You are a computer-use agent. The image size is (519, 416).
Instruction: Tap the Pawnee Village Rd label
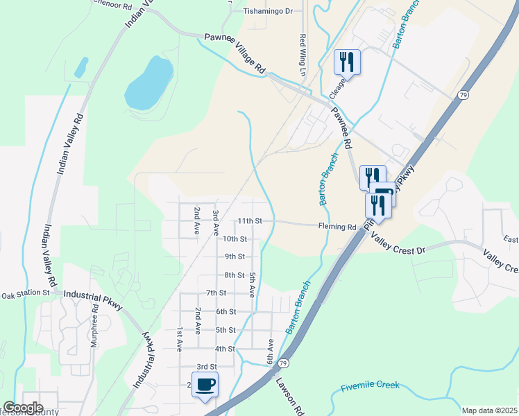[x=235, y=53]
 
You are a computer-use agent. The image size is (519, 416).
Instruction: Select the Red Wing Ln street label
[x=303, y=55]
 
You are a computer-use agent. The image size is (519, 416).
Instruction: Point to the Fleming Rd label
[x=337, y=227]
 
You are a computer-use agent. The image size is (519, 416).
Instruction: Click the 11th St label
[x=249, y=221]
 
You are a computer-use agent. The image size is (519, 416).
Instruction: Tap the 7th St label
[x=216, y=293]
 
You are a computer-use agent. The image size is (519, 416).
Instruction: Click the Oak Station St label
[x=26, y=293]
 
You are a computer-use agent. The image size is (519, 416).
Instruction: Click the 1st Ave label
[x=179, y=338]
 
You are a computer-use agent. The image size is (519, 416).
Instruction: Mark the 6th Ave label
[x=271, y=350]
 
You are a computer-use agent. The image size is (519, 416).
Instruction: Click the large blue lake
[x=148, y=83]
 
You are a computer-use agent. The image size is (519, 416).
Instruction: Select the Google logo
[x=22, y=408]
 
